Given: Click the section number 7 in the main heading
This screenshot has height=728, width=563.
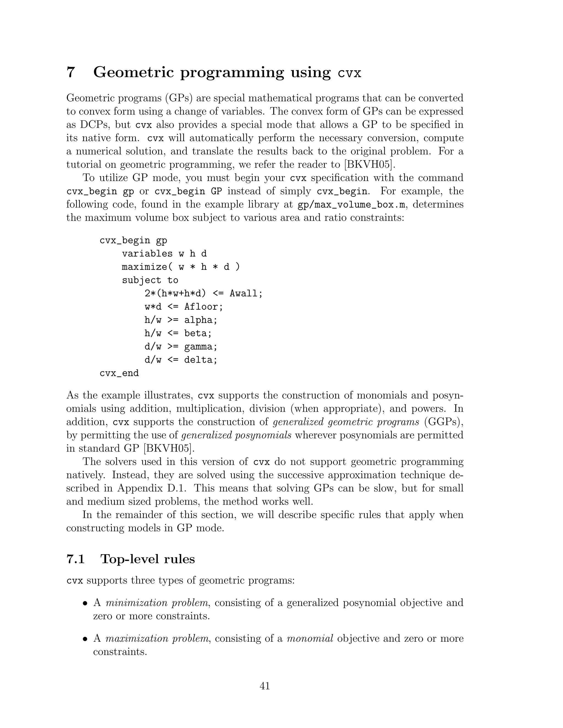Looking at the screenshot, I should (x=70, y=72).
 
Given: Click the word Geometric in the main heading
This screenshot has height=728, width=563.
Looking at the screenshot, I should (x=133, y=72).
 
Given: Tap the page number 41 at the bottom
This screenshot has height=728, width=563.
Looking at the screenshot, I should (x=264, y=686).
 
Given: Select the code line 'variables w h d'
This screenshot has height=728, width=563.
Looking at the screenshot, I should (x=164, y=254).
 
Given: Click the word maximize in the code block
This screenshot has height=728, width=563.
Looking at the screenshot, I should (x=144, y=267).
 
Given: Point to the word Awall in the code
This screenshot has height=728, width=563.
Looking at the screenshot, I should (x=244, y=294).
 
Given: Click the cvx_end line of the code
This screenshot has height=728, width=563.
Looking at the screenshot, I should (x=119, y=373).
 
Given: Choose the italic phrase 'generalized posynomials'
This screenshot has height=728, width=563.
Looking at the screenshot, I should (x=236, y=435).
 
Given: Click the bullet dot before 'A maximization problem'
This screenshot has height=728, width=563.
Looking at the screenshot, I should (x=85, y=639).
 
